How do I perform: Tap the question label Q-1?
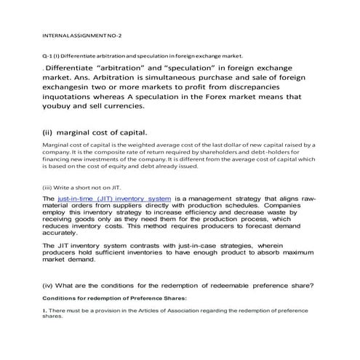49,56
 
